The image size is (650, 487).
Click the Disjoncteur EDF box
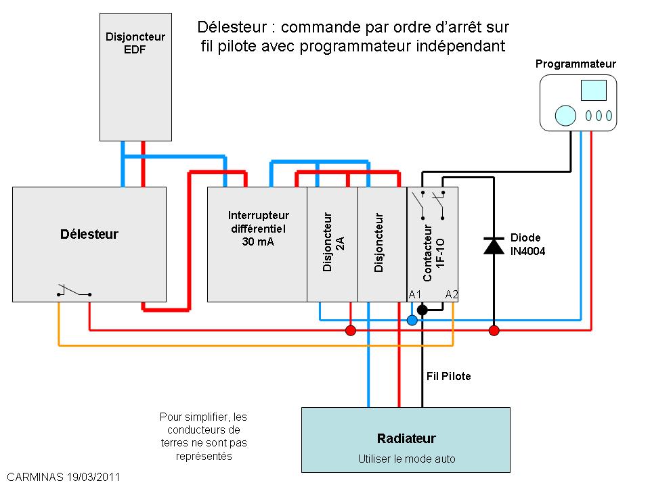[135, 77]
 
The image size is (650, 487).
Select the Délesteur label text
[89, 235]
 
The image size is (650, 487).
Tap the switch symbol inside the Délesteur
[74, 291]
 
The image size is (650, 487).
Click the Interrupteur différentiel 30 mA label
[258, 229]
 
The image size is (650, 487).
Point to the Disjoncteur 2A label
[333, 242]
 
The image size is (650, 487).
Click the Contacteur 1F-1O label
[433, 252]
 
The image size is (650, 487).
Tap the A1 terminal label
[414, 294]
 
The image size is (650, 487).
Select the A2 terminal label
[452, 294]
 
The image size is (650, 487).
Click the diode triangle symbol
[494, 246]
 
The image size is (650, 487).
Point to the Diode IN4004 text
[527, 244]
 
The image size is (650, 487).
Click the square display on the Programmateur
[594, 90]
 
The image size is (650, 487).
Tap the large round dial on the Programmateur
[565, 116]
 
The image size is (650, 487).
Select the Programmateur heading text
[576, 64]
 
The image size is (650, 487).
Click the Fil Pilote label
[448, 377]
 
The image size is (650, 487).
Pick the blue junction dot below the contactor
[412, 320]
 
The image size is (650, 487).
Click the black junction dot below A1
[422, 309]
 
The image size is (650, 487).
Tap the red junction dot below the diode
[494, 331]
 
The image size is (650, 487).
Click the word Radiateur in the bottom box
[406, 438]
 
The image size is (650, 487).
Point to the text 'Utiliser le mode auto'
[406, 459]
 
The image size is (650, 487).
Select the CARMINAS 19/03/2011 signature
[64, 477]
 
